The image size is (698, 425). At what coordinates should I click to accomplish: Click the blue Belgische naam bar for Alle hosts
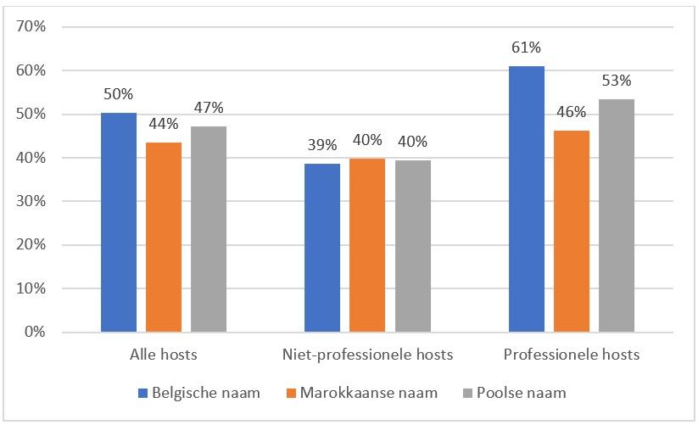[119, 222]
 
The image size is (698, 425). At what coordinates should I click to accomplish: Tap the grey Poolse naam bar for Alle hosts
[209, 229]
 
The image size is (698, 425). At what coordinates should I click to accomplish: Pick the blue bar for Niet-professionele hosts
[322, 248]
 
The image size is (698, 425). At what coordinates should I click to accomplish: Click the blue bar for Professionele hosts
[527, 199]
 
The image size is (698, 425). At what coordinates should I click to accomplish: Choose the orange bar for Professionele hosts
[572, 231]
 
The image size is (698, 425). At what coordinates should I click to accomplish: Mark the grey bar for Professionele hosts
[617, 215]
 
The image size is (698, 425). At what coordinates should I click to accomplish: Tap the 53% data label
[617, 81]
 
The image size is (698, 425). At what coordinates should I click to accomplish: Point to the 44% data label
[164, 124]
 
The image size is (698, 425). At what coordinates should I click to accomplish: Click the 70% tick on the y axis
[31, 27]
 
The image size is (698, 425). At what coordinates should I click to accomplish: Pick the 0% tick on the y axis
[35, 333]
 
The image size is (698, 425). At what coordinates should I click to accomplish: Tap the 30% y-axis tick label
[31, 202]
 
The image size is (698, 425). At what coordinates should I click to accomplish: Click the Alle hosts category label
[164, 354]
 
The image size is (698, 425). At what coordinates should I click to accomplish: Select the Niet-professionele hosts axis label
[367, 354]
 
